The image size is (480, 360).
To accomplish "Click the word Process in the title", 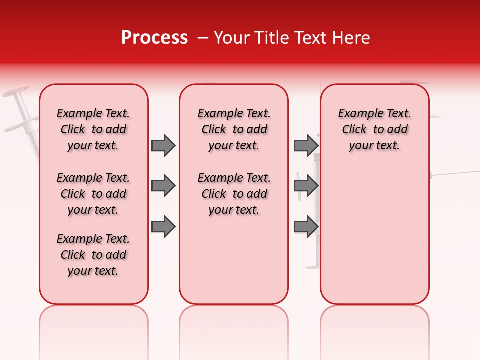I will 154,38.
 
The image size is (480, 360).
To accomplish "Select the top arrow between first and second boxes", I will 163,145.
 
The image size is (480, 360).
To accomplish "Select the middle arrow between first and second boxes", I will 163,186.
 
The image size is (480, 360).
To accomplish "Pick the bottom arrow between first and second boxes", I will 163,227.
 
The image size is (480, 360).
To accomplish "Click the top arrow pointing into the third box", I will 306,145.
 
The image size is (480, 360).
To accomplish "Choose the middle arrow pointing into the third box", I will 306,186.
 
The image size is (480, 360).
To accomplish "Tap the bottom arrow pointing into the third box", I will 306,227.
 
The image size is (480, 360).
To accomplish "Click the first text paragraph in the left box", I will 93,129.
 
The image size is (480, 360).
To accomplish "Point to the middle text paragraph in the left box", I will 93,194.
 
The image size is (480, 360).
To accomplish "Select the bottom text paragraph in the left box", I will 93,255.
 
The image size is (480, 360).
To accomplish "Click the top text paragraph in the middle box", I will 234,129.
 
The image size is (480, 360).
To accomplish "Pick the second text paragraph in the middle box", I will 234,194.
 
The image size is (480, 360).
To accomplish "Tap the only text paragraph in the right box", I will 374,129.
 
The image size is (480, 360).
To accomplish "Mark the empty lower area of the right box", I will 375,235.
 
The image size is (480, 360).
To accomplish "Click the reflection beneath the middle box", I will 234,325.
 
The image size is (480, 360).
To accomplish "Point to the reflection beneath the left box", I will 94,325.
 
